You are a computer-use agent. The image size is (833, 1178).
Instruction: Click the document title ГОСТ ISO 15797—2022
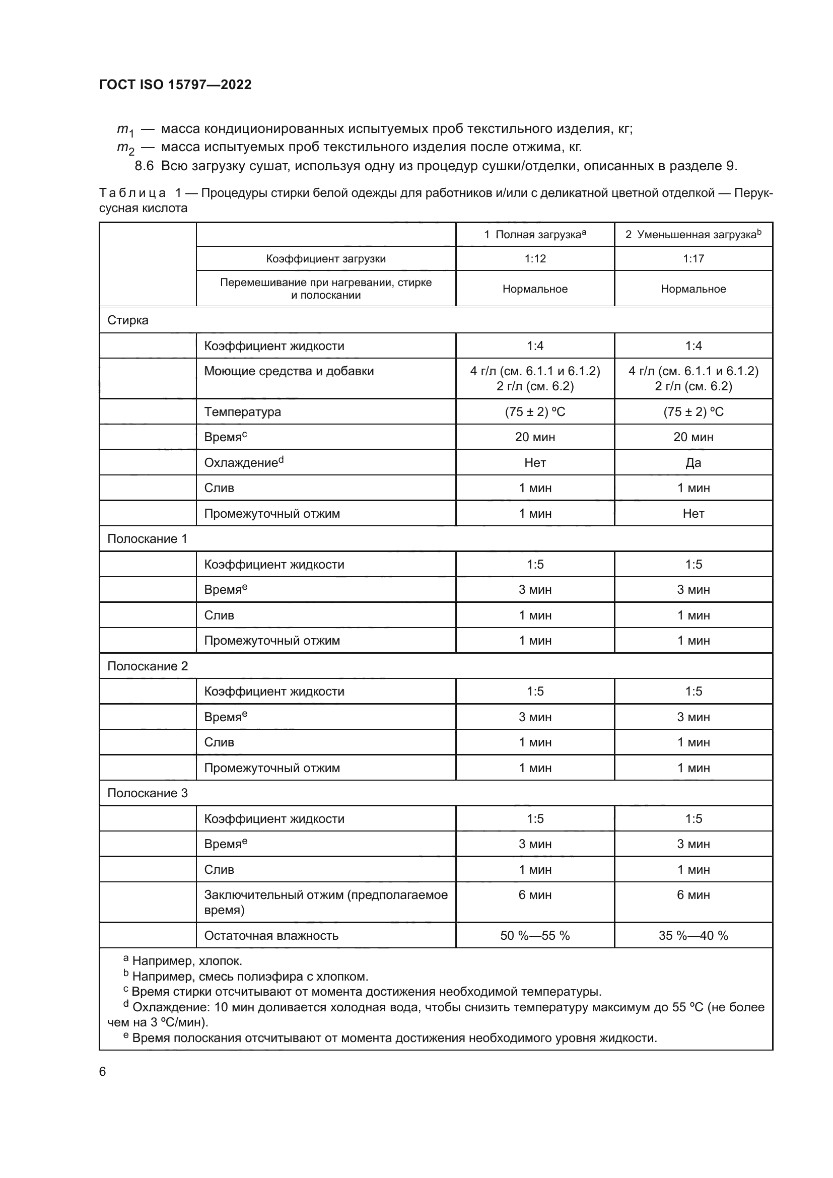(175, 85)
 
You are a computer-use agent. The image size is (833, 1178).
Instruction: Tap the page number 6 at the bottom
(103, 1071)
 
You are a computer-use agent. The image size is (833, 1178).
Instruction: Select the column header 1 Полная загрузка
(534, 235)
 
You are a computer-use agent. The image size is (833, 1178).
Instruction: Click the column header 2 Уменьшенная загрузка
(692, 235)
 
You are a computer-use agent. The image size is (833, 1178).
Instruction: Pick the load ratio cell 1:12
(534, 258)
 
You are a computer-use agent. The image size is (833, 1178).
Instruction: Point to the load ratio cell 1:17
(693, 258)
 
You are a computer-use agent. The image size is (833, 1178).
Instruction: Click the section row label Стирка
(128, 320)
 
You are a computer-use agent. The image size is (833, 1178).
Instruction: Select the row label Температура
(242, 411)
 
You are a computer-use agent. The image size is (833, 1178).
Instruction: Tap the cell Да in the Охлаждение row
(693, 462)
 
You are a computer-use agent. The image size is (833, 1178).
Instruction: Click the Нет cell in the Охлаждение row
(534, 462)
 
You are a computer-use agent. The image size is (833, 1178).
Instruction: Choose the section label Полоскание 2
(147, 666)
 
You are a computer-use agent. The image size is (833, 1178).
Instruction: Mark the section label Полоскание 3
(147, 793)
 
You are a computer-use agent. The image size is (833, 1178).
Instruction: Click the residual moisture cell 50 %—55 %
(534, 935)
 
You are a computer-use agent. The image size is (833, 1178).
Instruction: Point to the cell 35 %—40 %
(693, 935)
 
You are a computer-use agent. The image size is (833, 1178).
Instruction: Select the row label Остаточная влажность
(271, 935)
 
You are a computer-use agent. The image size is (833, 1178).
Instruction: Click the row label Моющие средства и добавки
(289, 371)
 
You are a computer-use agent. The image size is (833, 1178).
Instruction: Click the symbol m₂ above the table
(125, 148)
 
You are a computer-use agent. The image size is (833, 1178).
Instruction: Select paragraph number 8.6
(144, 166)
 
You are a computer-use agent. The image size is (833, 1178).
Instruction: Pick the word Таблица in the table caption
(132, 193)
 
